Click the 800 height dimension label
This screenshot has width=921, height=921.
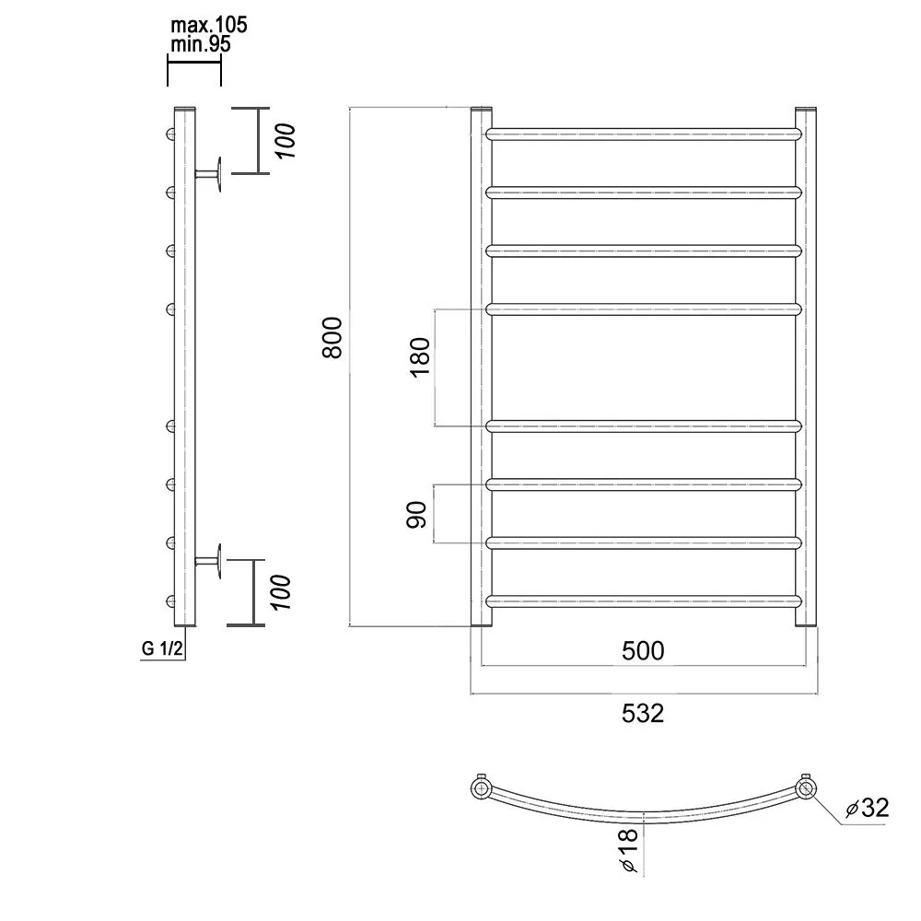click(332, 337)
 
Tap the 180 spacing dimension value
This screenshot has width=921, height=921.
click(421, 357)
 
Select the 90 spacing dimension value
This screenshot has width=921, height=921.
click(417, 515)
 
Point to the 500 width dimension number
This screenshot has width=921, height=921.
click(643, 651)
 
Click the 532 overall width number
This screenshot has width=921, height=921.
click(643, 713)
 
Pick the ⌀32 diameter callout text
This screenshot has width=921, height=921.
click(868, 809)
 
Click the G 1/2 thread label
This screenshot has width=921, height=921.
click(162, 648)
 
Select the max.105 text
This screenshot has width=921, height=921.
click(209, 25)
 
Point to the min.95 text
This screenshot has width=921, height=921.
click(201, 44)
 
